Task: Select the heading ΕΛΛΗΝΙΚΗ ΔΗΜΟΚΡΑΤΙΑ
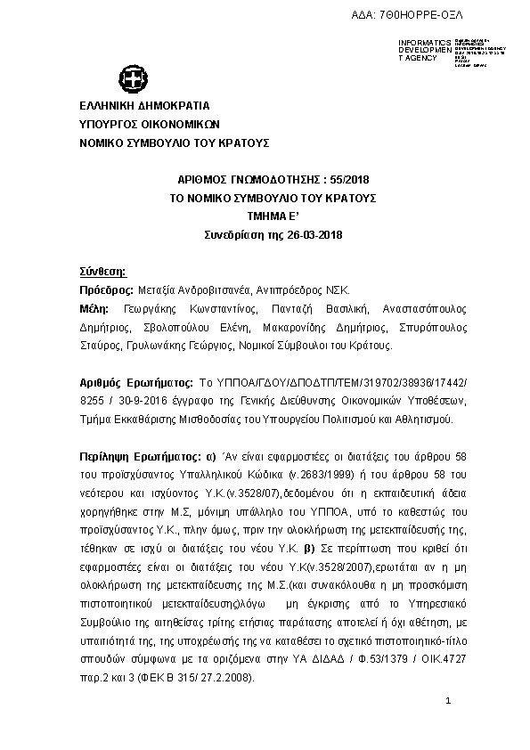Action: click(x=144, y=106)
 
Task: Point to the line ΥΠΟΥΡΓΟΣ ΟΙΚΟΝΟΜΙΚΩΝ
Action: click(x=150, y=125)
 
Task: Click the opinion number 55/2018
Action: click(x=328, y=179)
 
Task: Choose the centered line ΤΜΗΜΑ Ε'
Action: click(x=273, y=216)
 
